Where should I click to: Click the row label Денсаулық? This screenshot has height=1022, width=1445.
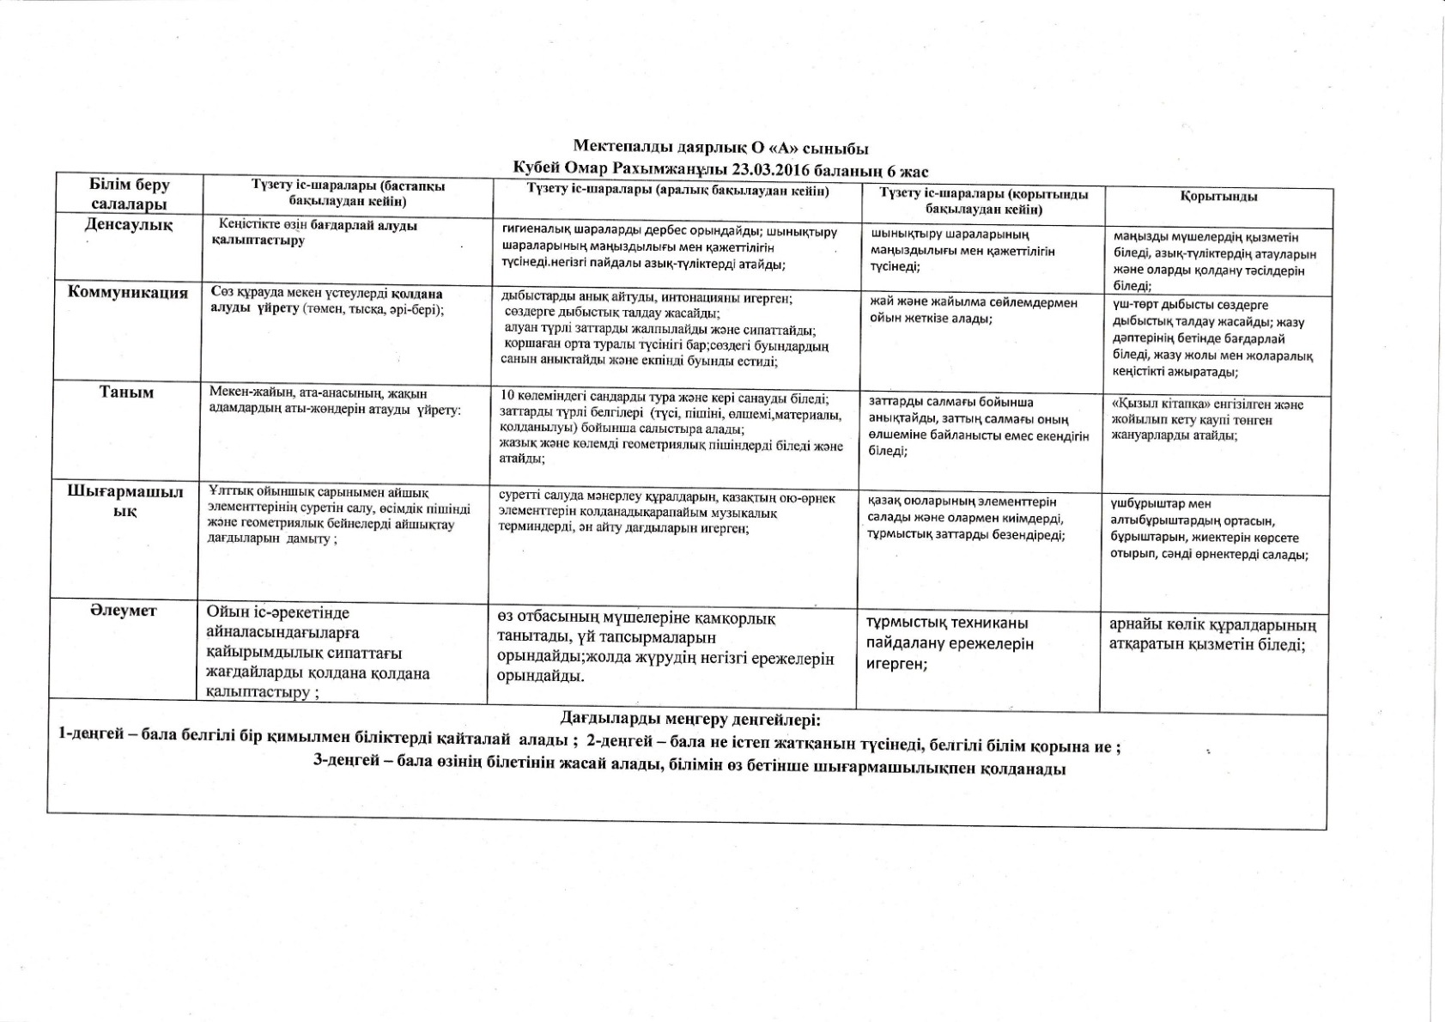coord(128,225)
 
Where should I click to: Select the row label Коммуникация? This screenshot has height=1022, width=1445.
coord(127,292)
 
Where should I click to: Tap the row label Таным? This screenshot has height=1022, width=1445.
coord(126,392)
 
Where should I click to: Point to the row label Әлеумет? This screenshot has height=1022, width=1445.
coord(125,610)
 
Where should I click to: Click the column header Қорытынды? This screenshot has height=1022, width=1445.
coord(1218,197)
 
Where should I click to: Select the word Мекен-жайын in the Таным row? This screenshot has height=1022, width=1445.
coord(242,392)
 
